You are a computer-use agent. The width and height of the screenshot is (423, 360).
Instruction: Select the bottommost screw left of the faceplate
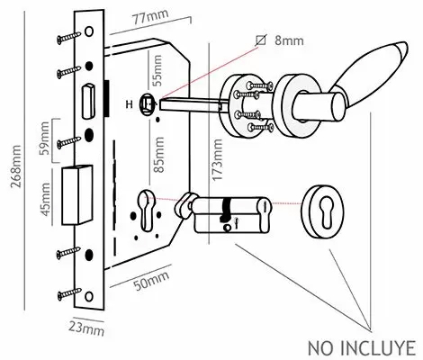66,292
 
